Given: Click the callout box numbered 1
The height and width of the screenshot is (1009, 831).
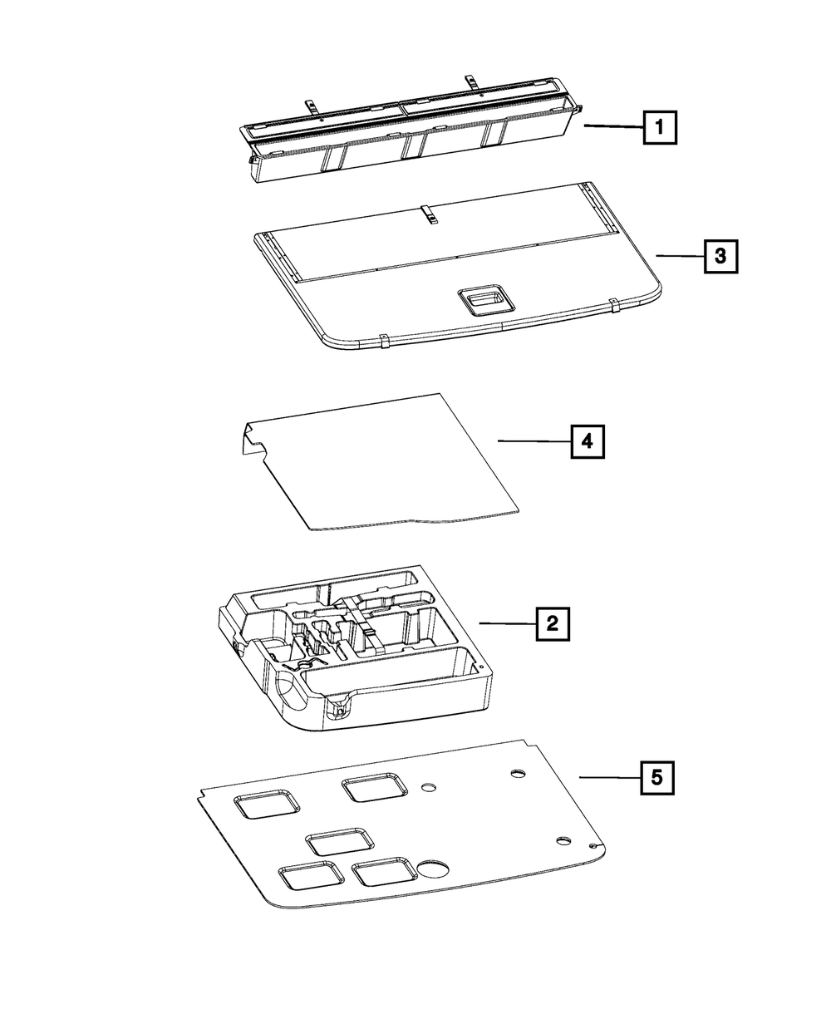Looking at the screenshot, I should [x=659, y=129].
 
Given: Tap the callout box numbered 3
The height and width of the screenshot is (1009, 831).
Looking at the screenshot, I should [x=720, y=257].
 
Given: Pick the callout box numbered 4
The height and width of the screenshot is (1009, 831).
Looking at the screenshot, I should [x=587, y=441].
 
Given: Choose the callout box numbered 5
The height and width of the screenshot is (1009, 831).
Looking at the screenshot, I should [x=656, y=778].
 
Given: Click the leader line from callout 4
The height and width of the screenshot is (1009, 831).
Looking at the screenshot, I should [x=534, y=441].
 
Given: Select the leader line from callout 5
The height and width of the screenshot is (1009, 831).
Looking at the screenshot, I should [x=609, y=777].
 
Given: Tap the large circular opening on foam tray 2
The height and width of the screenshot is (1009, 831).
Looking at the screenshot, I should [x=289, y=692].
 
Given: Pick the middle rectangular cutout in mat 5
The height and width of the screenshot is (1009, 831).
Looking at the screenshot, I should [x=340, y=841].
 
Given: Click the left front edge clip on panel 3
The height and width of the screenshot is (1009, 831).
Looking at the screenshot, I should [x=385, y=341].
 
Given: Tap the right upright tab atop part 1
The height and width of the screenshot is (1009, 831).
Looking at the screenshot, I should [x=472, y=81].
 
